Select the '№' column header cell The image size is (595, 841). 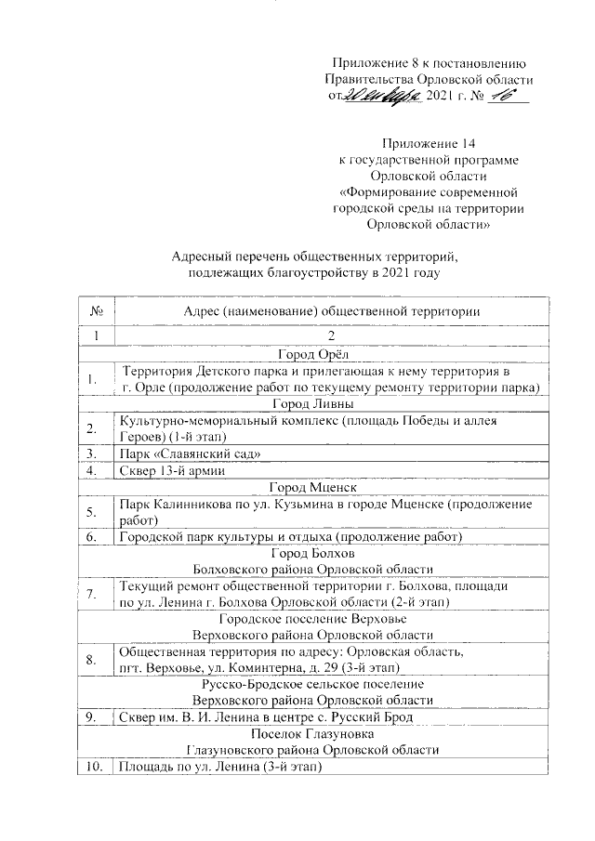[98, 310]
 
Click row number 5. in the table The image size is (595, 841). [93, 512]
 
